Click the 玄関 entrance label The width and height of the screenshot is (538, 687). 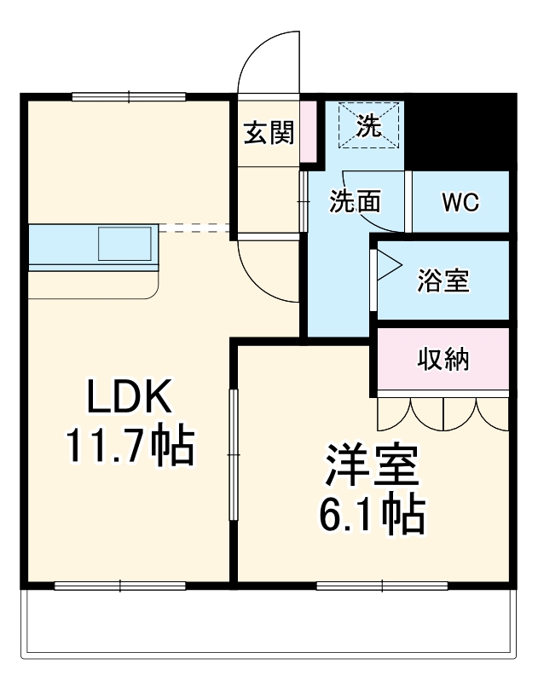tap(269, 133)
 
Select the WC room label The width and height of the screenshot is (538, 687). tap(460, 203)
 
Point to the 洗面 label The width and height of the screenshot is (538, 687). tap(355, 203)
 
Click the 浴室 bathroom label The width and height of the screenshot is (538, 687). tap(443, 280)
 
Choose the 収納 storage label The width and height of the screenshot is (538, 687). tap(443, 360)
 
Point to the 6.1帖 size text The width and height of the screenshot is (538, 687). tap(373, 511)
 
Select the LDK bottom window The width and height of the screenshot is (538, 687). tap(120, 586)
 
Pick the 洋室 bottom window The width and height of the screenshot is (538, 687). tap(383, 586)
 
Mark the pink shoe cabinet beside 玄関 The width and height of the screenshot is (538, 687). tap(308, 133)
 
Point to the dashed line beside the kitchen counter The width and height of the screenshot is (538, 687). tap(194, 228)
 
